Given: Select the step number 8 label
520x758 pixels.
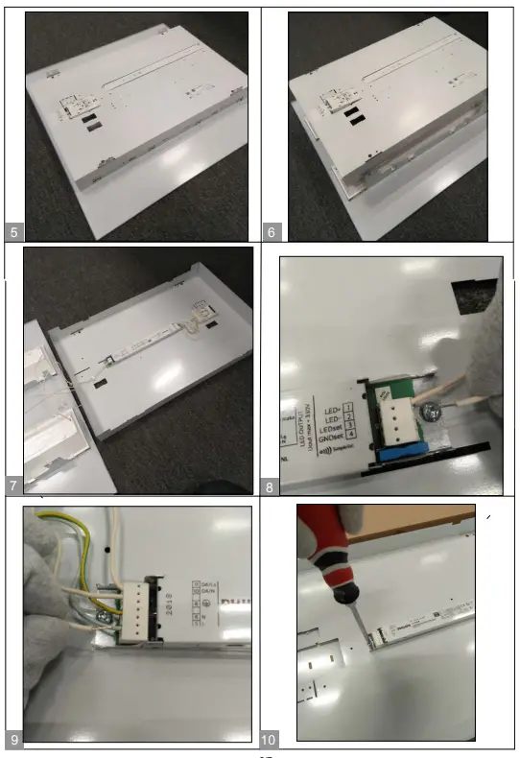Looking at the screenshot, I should pos(272,487).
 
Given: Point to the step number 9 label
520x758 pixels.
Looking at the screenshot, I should pos(12,739).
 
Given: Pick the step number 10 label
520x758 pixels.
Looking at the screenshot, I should pos(270,739).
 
